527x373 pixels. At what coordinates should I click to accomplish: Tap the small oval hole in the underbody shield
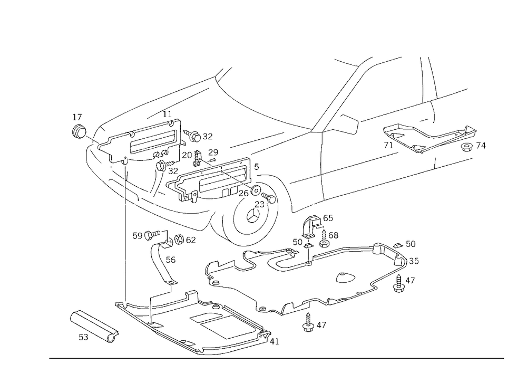pyautogui.click(x=345, y=275)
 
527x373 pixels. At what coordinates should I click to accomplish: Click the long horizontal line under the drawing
pyautogui.click(x=277, y=358)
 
